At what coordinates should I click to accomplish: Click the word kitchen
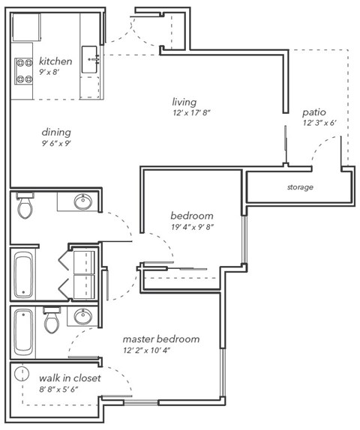click(x=55, y=61)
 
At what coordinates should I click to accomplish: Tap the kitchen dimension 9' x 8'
click(x=52, y=73)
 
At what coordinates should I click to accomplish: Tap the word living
click(x=184, y=101)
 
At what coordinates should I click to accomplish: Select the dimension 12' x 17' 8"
click(x=190, y=114)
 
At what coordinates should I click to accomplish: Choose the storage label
click(x=300, y=187)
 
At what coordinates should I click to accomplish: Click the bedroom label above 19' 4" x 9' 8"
click(x=192, y=215)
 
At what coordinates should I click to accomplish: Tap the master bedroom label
click(x=161, y=339)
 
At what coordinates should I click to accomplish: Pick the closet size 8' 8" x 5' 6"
click(x=57, y=390)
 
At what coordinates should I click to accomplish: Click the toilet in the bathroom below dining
click(x=25, y=206)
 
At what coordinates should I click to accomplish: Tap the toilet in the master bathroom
click(x=52, y=322)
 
